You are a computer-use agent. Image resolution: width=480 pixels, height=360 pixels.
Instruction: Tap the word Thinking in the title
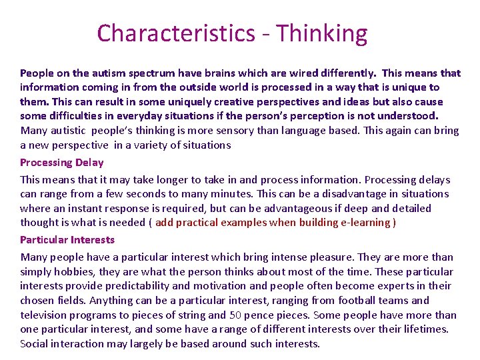[321, 33]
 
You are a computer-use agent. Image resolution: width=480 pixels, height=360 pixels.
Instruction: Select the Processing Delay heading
[62, 162]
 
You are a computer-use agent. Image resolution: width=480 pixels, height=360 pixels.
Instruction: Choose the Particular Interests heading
[67, 239]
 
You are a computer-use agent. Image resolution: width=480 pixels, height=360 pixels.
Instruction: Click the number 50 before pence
[235, 315]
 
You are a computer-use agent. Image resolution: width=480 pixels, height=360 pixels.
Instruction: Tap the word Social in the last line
[34, 344]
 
